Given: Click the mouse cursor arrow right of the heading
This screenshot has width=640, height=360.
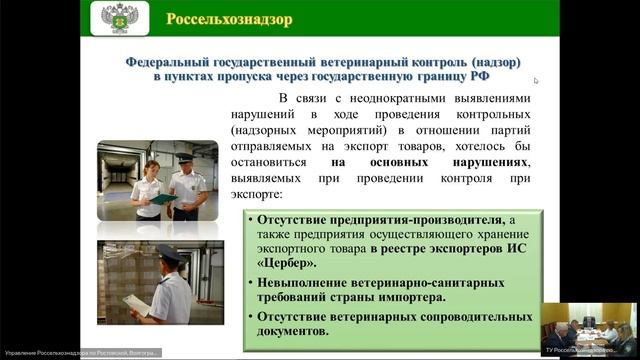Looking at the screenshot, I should tap(536, 81).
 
